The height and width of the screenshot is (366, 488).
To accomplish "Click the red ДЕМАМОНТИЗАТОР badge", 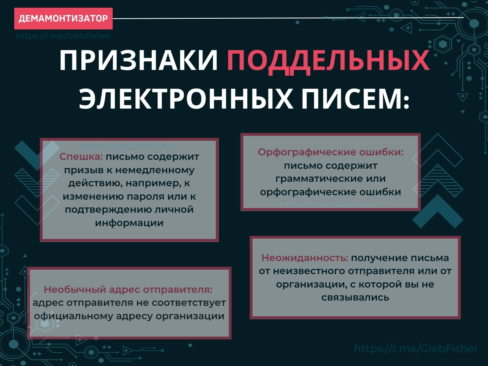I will (63, 18).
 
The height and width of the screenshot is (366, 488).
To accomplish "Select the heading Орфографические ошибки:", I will (331, 152).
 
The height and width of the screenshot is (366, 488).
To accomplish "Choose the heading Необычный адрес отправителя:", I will (128, 290).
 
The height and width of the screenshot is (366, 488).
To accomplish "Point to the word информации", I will (129, 223).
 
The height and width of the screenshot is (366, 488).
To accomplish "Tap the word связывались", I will (355, 297).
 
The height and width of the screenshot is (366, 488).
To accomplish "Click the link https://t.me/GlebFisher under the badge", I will (63, 36).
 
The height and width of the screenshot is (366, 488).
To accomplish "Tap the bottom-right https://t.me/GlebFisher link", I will (416, 349).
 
